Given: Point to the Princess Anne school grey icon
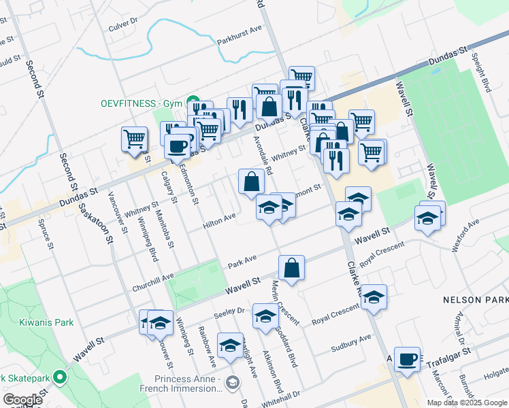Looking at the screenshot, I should [x=233, y=384].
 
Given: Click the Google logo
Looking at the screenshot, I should [x=22, y=400].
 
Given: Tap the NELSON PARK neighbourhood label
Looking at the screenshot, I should [x=475, y=299].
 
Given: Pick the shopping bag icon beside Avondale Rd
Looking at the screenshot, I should [x=251, y=181].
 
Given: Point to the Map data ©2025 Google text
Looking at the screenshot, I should [x=466, y=403].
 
